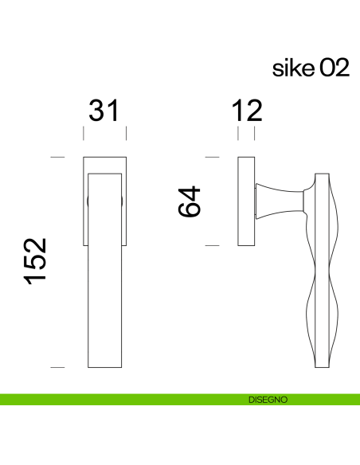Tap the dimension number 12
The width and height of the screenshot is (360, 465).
click(246, 111)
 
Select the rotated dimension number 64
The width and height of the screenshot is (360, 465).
click(190, 202)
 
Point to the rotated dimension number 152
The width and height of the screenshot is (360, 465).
click(36, 262)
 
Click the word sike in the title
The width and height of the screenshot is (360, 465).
click(294, 68)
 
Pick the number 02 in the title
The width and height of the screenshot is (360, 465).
click(334, 68)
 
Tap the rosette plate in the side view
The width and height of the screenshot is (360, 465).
click(246, 202)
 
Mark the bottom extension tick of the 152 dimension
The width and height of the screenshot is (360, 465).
click(57, 367)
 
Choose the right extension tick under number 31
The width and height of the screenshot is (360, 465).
click(126, 133)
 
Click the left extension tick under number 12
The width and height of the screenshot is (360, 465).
click(238, 133)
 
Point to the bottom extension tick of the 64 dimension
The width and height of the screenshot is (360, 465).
click(212, 246)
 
